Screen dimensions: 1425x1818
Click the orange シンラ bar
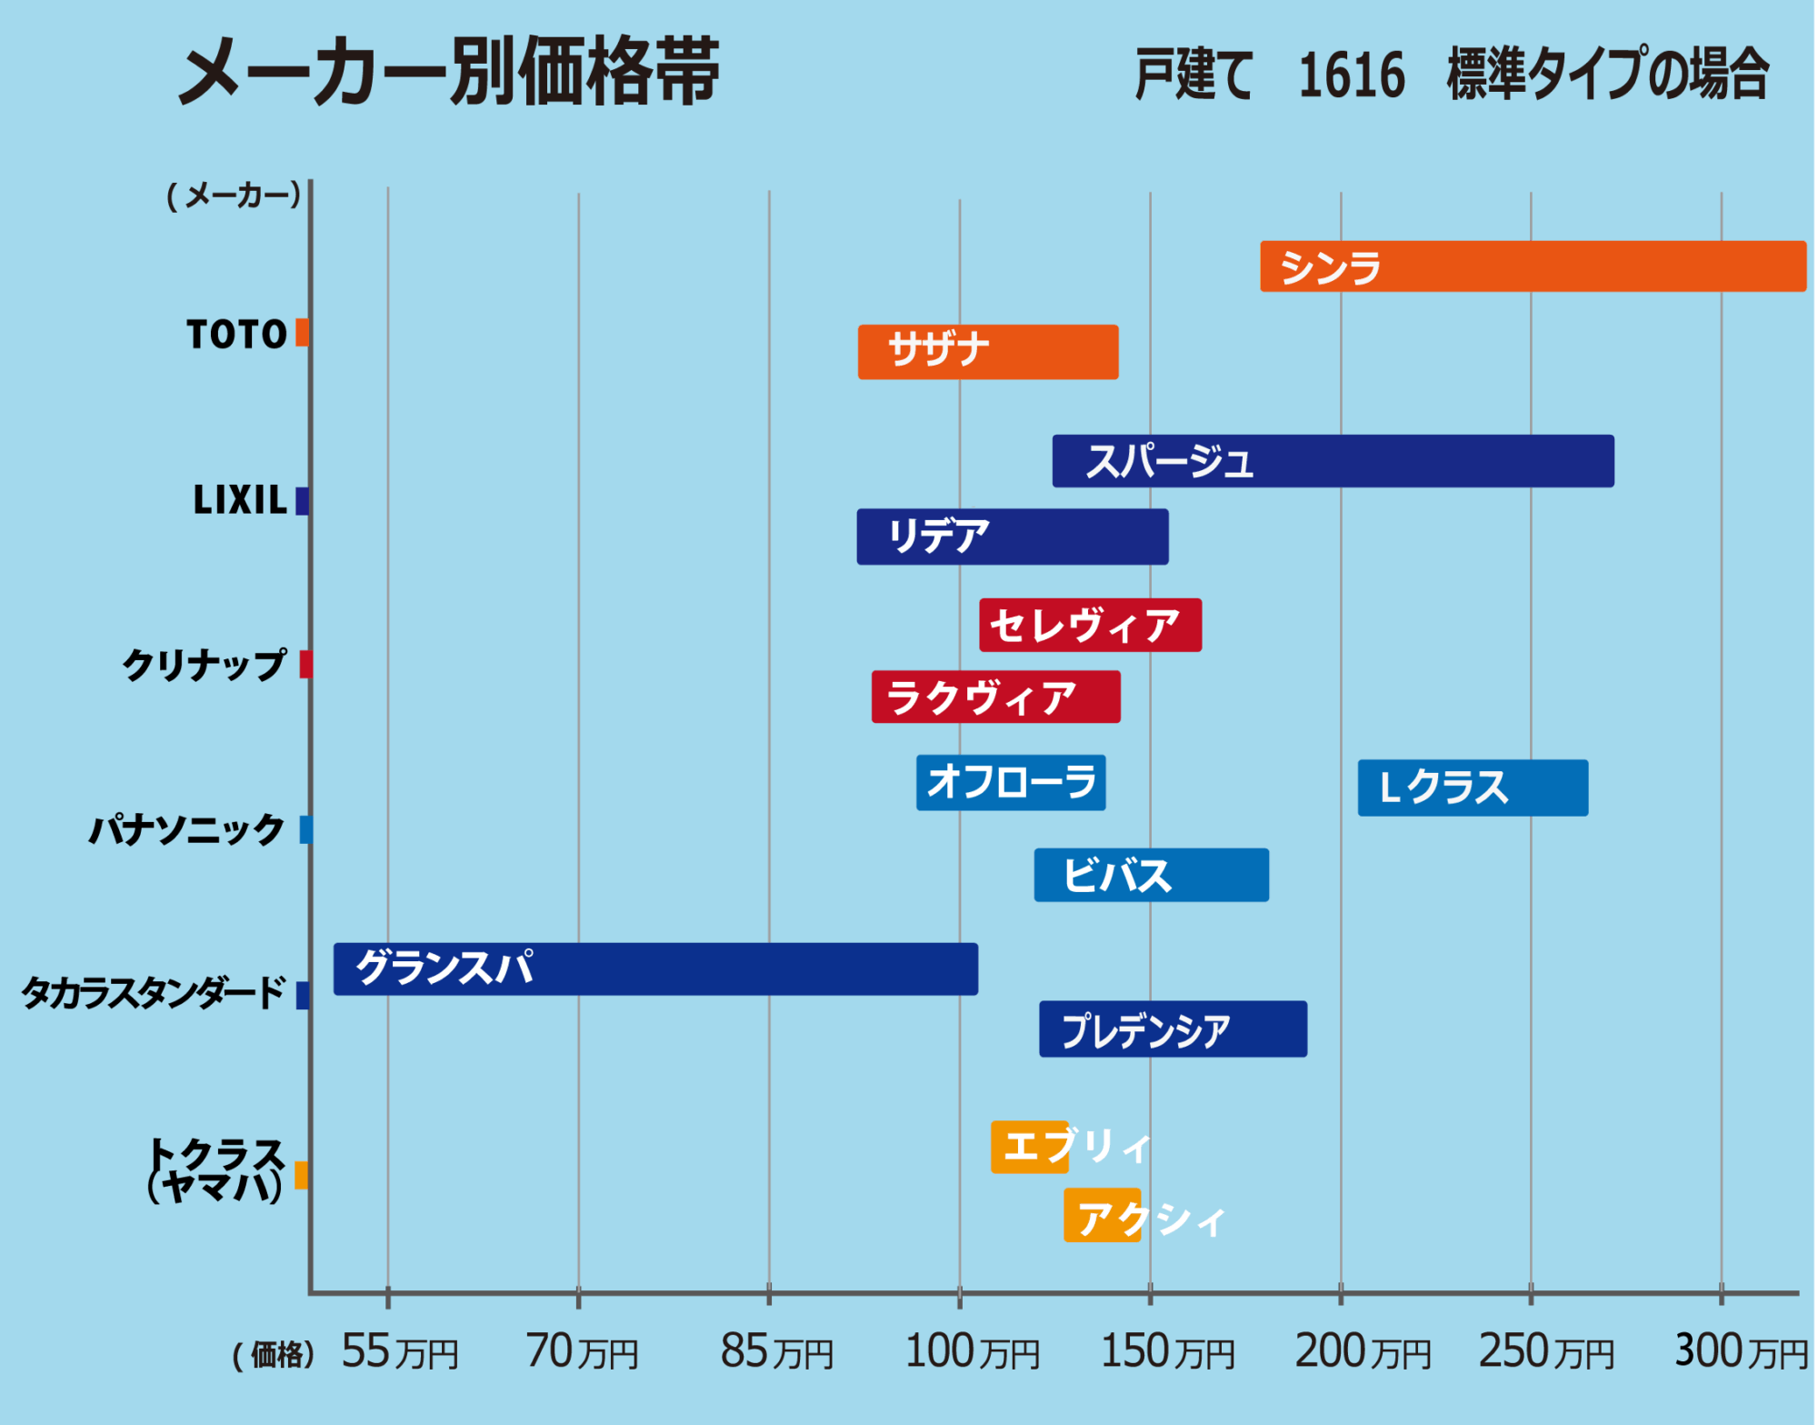(x=1533, y=266)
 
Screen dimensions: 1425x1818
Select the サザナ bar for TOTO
(x=988, y=352)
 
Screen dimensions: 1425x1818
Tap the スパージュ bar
(x=1333, y=461)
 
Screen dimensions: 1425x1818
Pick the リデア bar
(x=1013, y=537)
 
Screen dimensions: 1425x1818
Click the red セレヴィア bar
(x=1090, y=625)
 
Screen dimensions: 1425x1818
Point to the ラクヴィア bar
(x=995, y=697)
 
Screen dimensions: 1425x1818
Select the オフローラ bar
(x=1011, y=782)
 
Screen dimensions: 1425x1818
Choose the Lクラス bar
(x=1473, y=788)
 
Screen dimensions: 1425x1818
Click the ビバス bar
(x=1151, y=875)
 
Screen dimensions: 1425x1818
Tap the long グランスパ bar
(x=655, y=968)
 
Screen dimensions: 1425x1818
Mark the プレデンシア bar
(x=1173, y=1029)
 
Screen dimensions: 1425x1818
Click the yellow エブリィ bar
(x=1030, y=1147)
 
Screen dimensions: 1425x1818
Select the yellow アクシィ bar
(x=1102, y=1216)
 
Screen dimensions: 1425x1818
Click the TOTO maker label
(x=236, y=335)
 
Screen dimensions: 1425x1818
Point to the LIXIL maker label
(x=240, y=500)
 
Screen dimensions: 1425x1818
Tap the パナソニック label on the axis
(x=186, y=829)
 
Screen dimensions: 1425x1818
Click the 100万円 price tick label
(x=972, y=1351)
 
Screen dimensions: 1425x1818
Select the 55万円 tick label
(x=399, y=1351)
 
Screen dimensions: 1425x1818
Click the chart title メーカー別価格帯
(x=449, y=73)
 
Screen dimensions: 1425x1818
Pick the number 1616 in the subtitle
(x=1352, y=75)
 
